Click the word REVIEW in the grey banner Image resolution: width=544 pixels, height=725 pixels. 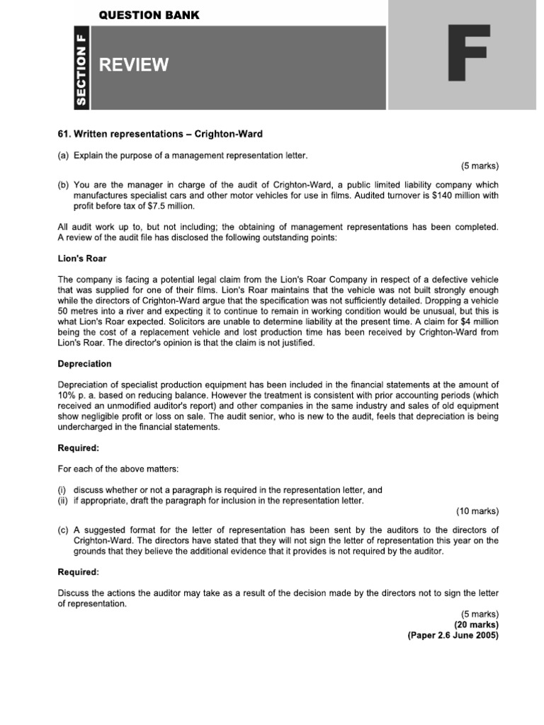(x=134, y=66)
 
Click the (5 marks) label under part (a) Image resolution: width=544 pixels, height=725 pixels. (x=480, y=166)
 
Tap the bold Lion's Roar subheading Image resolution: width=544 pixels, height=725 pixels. (x=81, y=259)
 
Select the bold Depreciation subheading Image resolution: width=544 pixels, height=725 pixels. (x=84, y=363)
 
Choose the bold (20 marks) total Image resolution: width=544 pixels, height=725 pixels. (x=476, y=624)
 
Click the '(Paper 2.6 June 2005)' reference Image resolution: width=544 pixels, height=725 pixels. (x=453, y=635)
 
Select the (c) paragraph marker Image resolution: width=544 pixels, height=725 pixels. (x=63, y=530)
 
